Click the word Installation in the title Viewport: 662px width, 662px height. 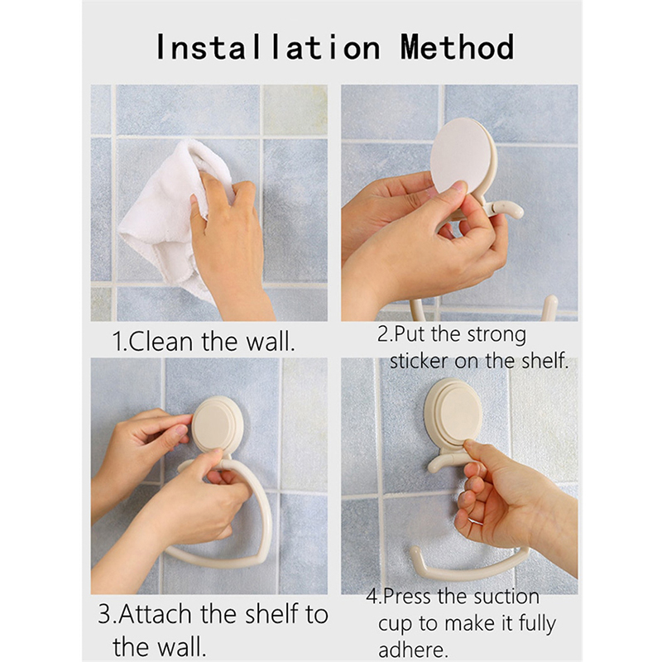pyautogui.click(x=268, y=47)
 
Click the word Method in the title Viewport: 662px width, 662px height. pyautogui.click(x=458, y=47)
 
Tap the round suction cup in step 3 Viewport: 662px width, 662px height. pyautogui.click(x=217, y=424)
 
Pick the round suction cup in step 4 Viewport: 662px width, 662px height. pyautogui.click(x=453, y=412)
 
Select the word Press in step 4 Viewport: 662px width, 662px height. pyautogui.click(x=408, y=597)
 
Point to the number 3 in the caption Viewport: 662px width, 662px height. pyautogui.click(x=104, y=614)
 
